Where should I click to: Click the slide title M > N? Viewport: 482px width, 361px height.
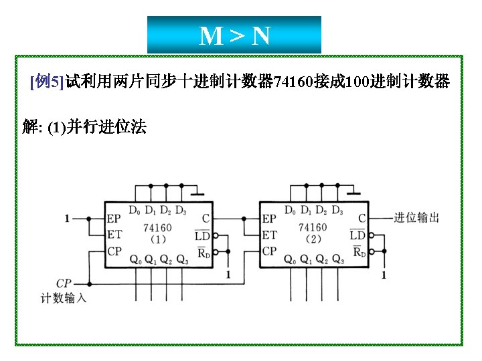(x=234, y=35)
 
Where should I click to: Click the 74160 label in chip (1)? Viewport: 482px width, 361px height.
(x=157, y=227)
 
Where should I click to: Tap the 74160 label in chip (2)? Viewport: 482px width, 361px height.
(x=313, y=227)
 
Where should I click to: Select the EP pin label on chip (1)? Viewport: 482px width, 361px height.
(x=114, y=219)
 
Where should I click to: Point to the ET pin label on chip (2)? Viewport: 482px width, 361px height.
(x=269, y=235)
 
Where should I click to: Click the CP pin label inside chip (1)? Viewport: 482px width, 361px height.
(x=114, y=251)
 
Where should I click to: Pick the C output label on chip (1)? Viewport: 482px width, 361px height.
(x=206, y=219)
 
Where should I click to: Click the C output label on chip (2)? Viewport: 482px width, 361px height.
(x=361, y=219)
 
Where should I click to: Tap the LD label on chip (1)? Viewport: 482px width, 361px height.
(x=202, y=235)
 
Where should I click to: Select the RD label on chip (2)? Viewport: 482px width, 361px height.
(x=358, y=251)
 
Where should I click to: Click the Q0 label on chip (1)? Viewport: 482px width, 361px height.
(x=135, y=259)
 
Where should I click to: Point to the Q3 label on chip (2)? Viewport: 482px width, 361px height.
(x=338, y=259)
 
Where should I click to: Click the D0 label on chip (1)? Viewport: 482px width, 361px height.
(x=135, y=211)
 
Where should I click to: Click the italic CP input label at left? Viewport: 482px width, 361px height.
(x=64, y=283)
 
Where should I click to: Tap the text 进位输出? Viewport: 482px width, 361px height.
(x=416, y=217)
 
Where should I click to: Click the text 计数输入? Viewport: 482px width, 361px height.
(x=64, y=298)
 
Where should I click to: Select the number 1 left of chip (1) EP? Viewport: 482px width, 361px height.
(x=67, y=218)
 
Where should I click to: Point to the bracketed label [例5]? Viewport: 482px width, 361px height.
(x=46, y=83)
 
